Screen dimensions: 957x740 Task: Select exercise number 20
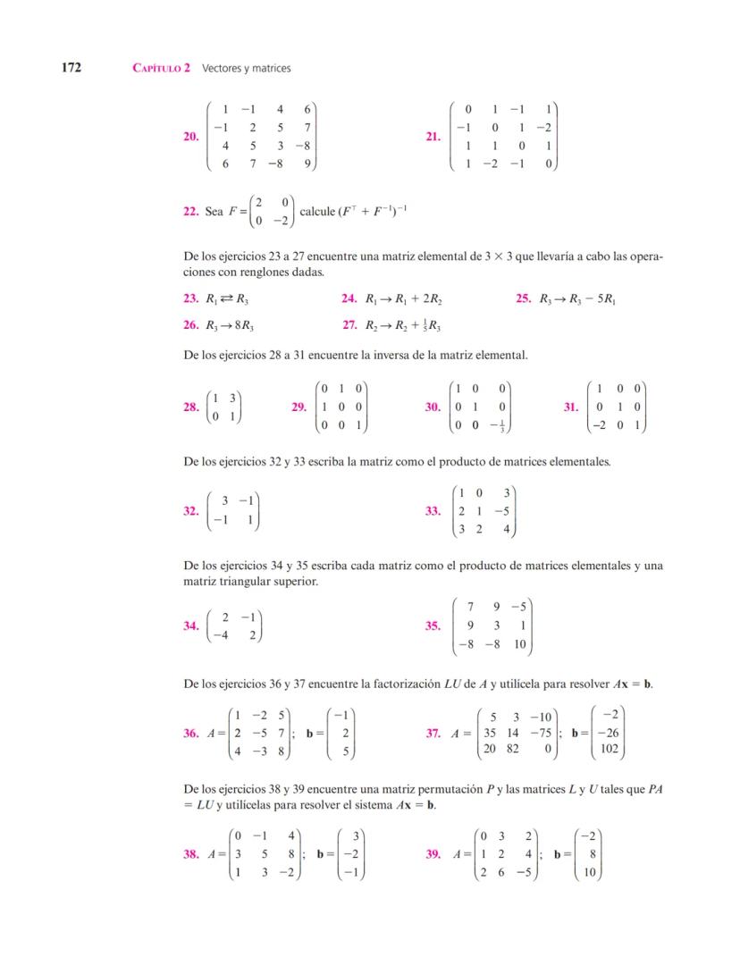190,137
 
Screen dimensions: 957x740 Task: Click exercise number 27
349,326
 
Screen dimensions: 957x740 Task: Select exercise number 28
190,407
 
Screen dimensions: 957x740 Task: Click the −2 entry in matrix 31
601,425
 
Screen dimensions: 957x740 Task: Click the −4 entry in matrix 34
227,635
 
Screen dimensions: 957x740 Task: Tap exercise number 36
190,734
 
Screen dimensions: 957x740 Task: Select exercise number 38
190,854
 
